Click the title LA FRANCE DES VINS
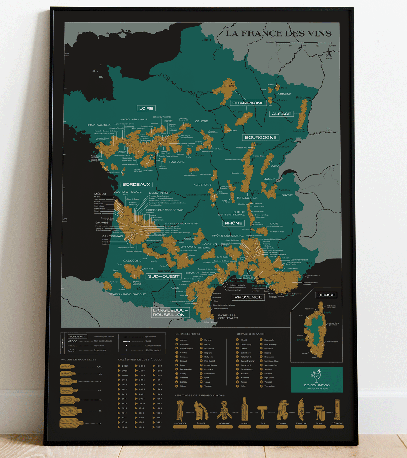tap(278, 33)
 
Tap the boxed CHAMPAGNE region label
tap(248, 103)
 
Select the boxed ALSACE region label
tap(282, 114)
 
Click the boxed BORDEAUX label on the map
tap(136, 184)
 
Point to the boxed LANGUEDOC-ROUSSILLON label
tap(169, 312)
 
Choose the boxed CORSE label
tap(326, 295)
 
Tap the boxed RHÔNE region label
tap(233, 223)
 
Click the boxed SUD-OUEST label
tap(163, 276)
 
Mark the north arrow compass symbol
tap(329, 54)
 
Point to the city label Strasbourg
tap(303, 98)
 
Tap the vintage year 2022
tap(125, 366)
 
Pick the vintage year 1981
tap(159, 427)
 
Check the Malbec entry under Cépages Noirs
tap(183, 386)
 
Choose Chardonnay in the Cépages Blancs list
tap(246, 344)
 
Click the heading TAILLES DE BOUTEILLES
tap(79, 359)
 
